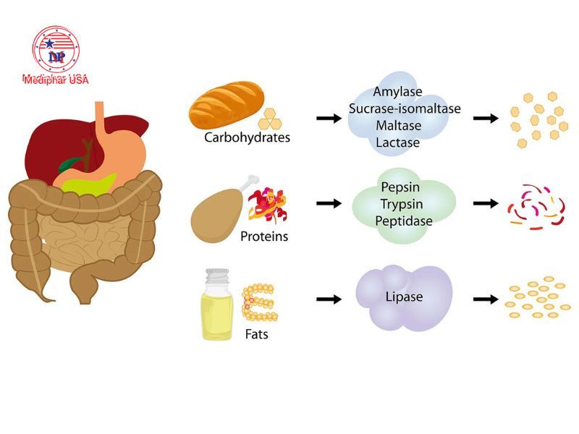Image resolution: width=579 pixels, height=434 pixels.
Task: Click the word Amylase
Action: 398,93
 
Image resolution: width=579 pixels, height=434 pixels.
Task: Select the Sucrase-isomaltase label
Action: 405,109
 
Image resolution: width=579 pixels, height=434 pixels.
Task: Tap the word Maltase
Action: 398,126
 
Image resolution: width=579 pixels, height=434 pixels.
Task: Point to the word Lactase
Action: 398,142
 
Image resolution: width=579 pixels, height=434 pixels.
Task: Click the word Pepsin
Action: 404,187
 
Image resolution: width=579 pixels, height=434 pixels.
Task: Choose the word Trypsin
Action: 404,203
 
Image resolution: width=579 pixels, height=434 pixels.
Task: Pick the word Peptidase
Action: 404,220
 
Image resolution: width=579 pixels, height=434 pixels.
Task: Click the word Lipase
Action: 404,297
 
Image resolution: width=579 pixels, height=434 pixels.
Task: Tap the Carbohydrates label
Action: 247,137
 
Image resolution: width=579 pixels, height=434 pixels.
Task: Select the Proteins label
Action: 264,237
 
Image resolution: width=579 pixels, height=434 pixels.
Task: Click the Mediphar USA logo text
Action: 56,80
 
